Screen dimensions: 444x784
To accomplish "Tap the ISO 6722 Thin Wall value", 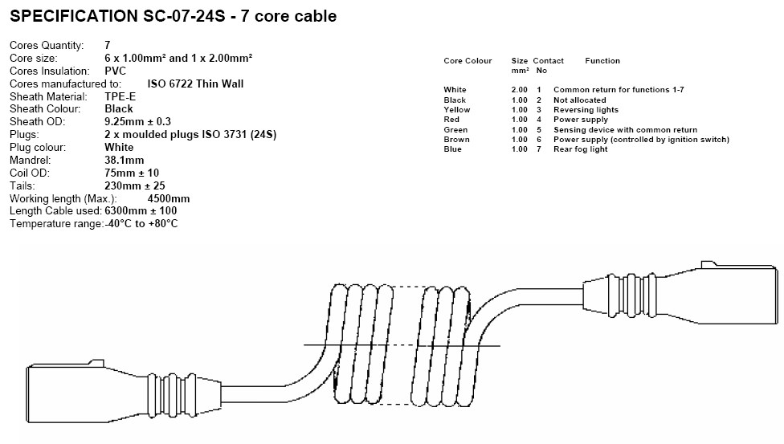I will [x=195, y=83].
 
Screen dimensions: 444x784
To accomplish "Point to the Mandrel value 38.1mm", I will [x=124, y=160].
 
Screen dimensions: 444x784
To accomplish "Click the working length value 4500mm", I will [x=169, y=198].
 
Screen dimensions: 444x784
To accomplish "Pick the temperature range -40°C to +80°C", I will [x=141, y=224].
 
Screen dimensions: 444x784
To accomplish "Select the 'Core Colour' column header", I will [x=468, y=61].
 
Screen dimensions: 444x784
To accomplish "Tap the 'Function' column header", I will [x=602, y=61].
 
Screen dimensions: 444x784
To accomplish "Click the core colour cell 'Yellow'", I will [x=457, y=110].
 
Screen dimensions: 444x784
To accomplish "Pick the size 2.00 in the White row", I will [x=520, y=90].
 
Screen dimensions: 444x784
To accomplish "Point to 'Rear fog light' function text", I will [x=580, y=149].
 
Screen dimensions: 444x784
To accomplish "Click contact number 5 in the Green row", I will [x=540, y=130].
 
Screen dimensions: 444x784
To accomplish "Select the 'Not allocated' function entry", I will [x=580, y=100].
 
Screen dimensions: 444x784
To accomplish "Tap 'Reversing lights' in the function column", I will [x=586, y=110].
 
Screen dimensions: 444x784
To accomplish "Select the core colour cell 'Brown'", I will [x=455, y=140].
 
